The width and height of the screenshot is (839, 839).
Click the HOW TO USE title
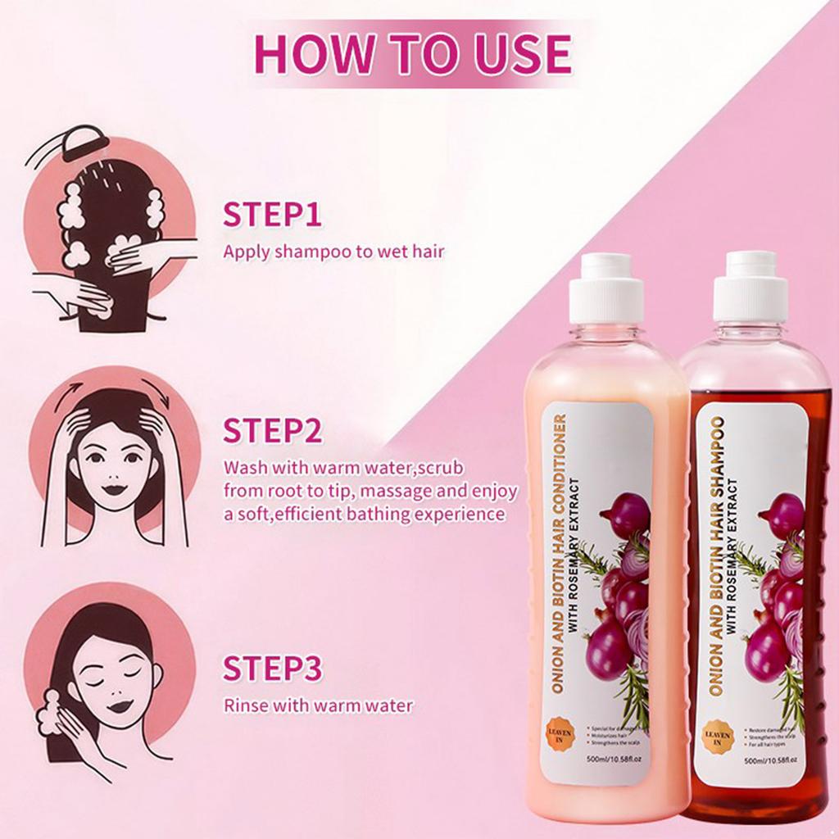click(x=412, y=53)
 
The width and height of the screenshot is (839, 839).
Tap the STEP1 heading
click(x=272, y=215)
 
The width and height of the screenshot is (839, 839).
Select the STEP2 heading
click(x=272, y=431)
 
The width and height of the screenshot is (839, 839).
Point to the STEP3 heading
click(x=272, y=669)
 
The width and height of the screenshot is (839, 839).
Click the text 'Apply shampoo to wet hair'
click(x=333, y=252)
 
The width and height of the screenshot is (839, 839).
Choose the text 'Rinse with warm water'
click(x=318, y=705)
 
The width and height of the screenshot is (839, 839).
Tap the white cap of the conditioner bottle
click(x=606, y=287)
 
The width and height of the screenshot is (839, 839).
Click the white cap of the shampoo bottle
click(x=751, y=285)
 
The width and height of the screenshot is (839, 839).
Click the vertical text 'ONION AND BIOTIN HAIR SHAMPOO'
click(x=714, y=557)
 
